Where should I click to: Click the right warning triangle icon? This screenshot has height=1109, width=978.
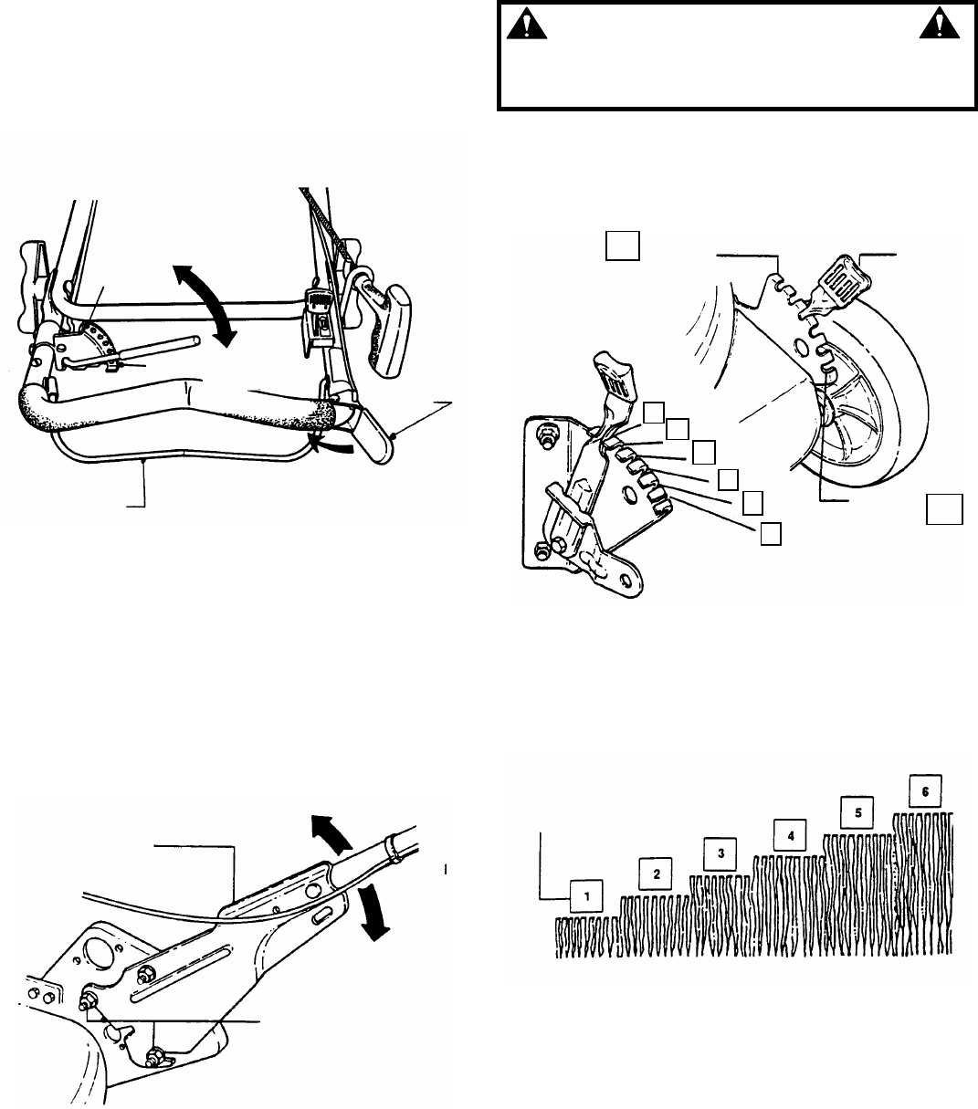[x=934, y=28]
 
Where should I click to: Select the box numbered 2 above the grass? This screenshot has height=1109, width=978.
[x=656, y=873]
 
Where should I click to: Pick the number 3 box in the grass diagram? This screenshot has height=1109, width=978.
[x=720, y=853]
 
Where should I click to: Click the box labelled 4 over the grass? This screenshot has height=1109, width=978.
[x=790, y=833]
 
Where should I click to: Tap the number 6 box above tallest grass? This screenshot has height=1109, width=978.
[x=925, y=790]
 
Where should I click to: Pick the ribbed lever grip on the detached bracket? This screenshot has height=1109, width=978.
[x=607, y=382]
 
